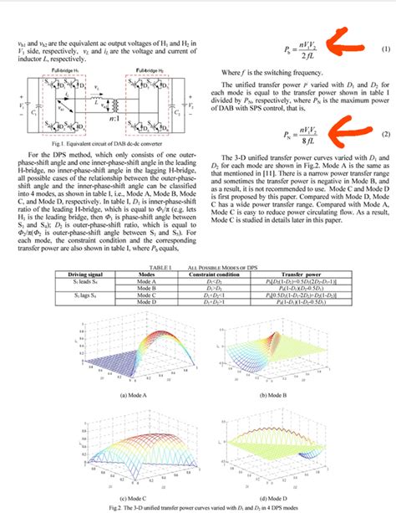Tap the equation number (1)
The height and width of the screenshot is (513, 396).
(384, 49)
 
